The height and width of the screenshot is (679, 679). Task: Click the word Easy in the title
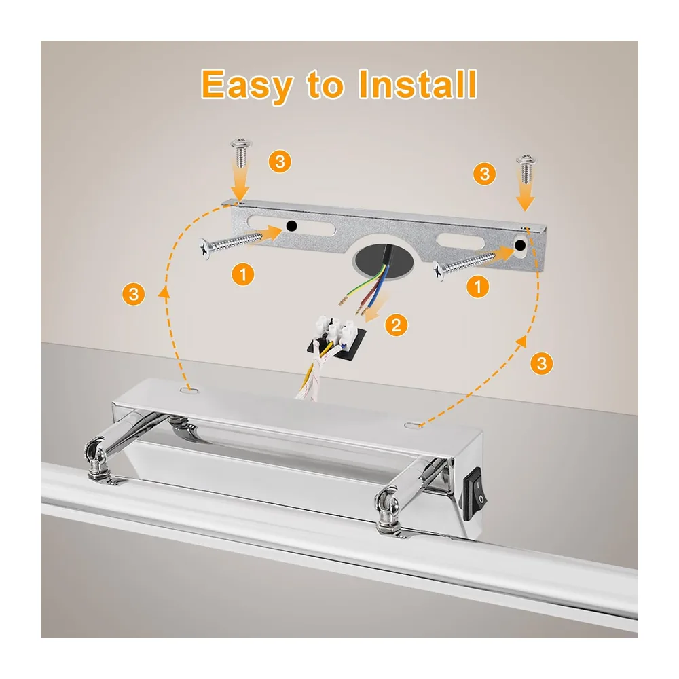point(247,86)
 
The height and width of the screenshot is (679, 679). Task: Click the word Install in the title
point(418,84)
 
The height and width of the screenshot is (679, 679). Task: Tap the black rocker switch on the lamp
point(475,493)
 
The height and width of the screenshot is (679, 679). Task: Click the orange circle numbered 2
point(396,325)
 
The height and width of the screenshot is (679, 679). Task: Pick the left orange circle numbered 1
point(242,274)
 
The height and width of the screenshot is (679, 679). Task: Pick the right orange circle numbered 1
point(477,287)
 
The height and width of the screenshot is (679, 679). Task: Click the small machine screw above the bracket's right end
point(526,168)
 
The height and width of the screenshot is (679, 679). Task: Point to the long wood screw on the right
point(464,265)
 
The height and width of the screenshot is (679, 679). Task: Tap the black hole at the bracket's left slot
point(292,225)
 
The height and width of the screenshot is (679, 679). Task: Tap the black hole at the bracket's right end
point(520,246)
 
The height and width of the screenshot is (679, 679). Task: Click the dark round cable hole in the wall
point(382,260)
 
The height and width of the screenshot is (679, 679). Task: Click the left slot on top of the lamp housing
point(189,390)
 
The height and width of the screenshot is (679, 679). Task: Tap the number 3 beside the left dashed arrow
point(133,295)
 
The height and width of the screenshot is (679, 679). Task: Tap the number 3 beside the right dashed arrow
point(541,363)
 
